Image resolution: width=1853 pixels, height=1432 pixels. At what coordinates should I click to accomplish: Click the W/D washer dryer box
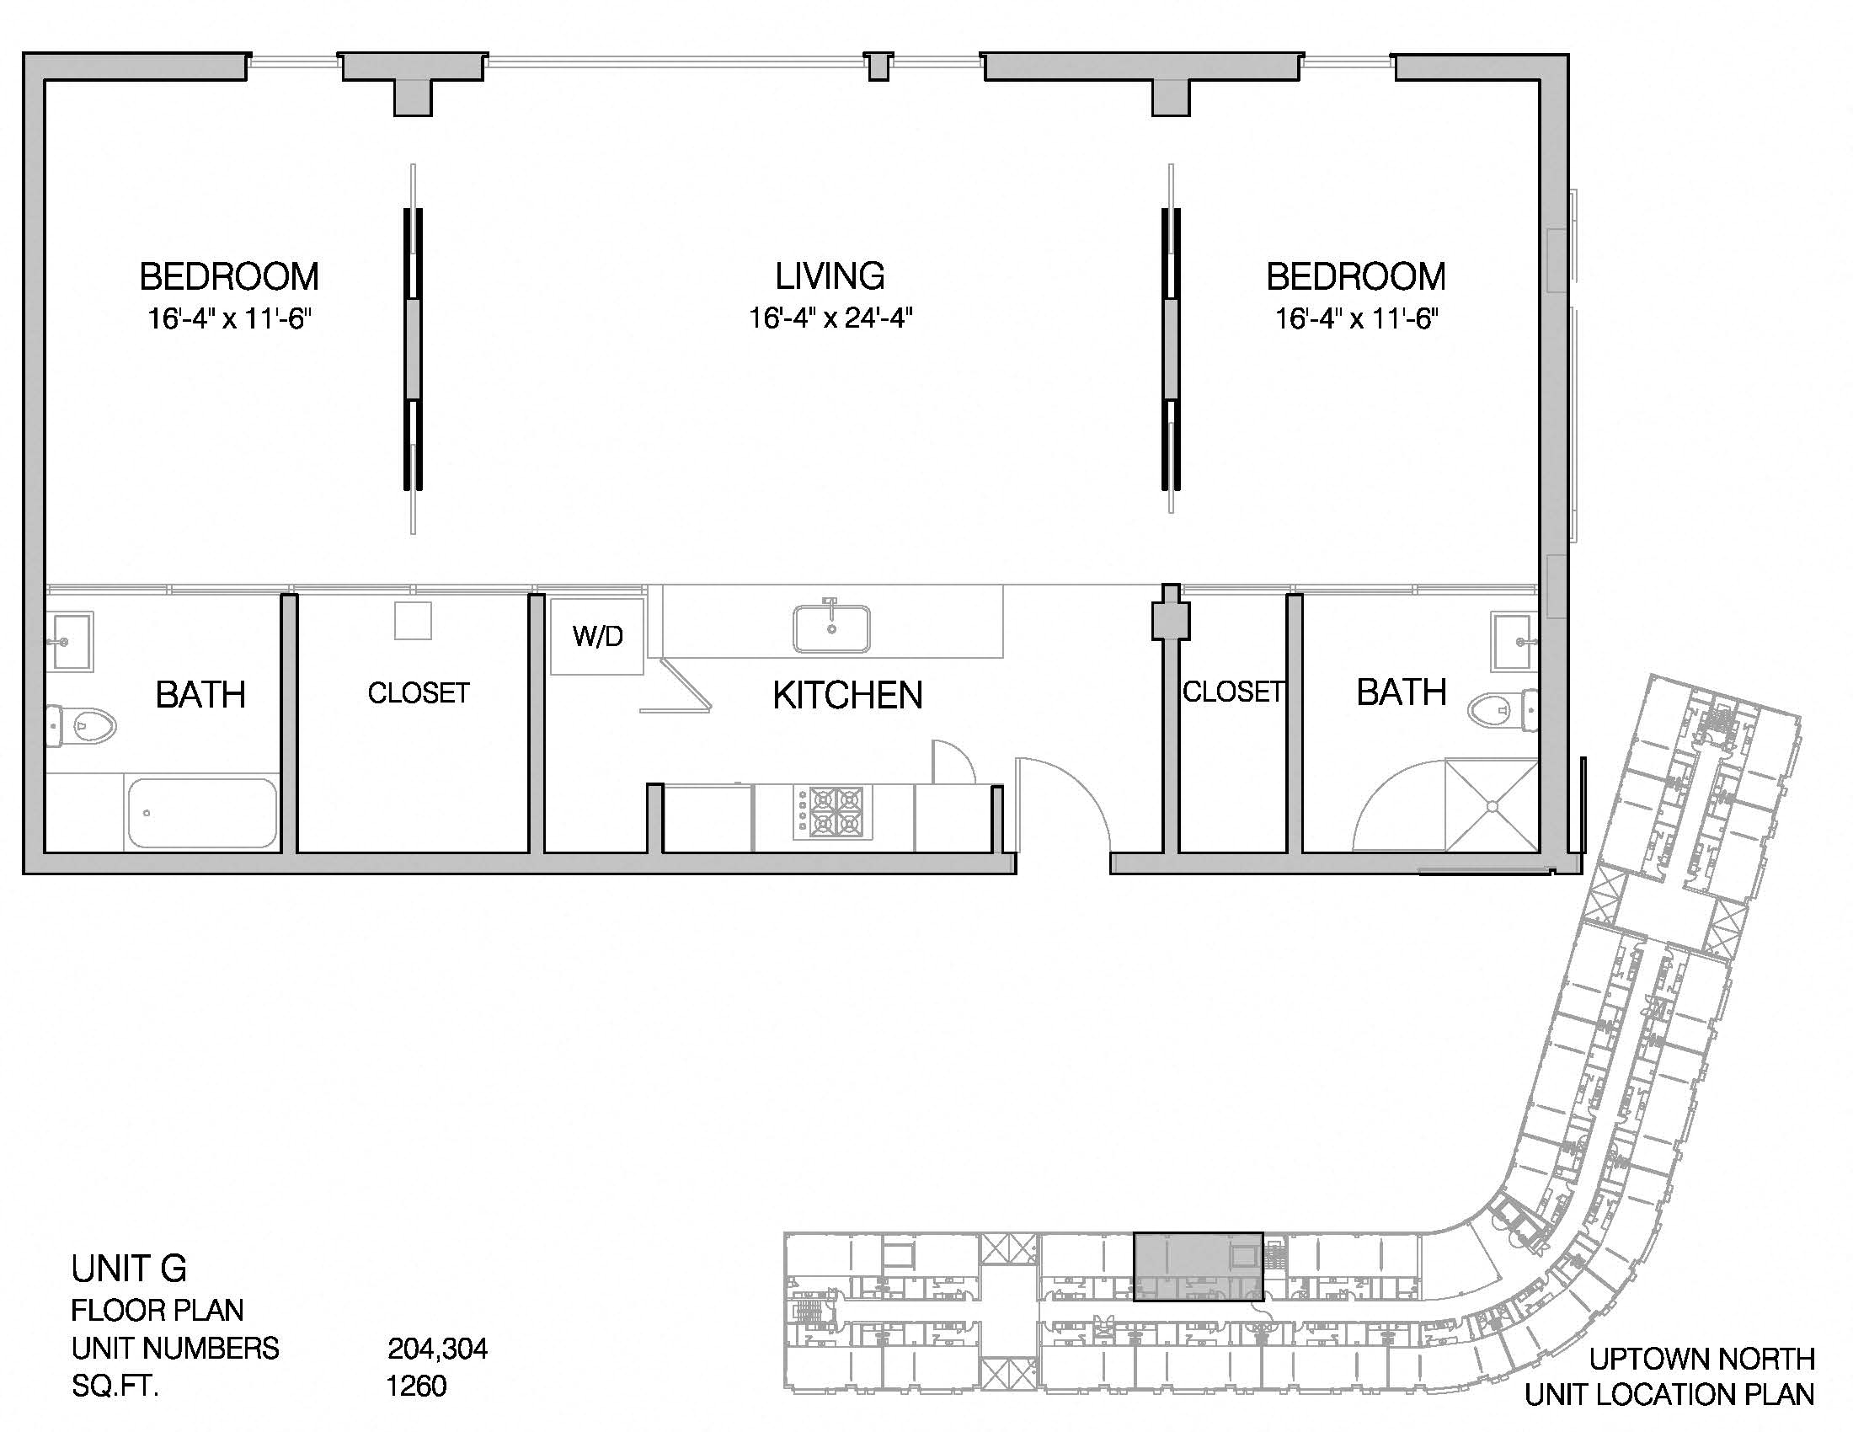[x=596, y=636]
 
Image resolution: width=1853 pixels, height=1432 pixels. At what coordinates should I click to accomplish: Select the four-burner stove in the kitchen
[x=832, y=812]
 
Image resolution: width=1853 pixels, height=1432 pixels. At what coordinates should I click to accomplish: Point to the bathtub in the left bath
[x=202, y=813]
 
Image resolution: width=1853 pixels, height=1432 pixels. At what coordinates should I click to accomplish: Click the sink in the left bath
[x=69, y=641]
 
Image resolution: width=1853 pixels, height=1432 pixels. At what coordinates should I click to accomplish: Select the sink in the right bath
[x=1514, y=642]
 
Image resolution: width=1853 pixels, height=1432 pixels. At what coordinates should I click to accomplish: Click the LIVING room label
[x=830, y=275]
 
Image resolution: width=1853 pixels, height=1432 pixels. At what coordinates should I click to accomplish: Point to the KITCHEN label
[x=847, y=695]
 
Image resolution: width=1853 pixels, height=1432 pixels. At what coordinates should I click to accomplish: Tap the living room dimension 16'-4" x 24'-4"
[x=830, y=318]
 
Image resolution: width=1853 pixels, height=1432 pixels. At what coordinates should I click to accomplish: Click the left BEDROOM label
[x=229, y=276]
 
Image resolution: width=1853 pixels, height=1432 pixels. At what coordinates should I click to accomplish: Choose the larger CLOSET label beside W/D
[x=419, y=693]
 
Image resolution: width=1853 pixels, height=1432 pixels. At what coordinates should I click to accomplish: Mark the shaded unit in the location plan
[x=1198, y=1267]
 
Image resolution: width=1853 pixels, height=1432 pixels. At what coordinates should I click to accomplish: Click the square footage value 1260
[x=416, y=1386]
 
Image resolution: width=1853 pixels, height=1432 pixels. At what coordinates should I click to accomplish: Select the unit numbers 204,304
[x=438, y=1348]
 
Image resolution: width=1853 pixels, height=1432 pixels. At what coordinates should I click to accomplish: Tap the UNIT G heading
[x=129, y=1269]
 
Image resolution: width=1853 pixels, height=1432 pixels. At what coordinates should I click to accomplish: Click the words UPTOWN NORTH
[x=1702, y=1359]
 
